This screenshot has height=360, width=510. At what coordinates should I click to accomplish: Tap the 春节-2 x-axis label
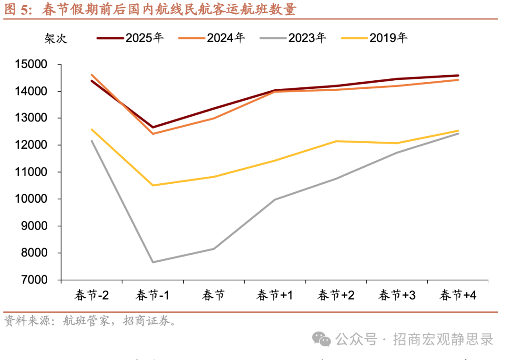(x=92, y=296)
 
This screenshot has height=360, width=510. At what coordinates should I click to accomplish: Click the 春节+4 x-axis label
(x=458, y=296)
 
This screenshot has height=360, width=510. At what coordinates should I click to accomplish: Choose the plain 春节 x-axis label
(x=213, y=296)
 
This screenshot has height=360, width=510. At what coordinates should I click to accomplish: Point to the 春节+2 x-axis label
(x=336, y=296)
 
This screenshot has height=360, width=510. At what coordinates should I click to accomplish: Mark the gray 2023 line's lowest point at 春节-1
(x=153, y=262)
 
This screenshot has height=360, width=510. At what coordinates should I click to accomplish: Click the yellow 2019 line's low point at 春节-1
(x=153, y=185)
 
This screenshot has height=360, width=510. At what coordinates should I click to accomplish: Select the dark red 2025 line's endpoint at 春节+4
(x=458, y=76)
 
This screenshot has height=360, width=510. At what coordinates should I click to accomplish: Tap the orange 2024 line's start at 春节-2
(x=92, y=75)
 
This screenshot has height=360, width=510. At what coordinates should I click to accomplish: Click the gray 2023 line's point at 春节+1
(x=275, y=199)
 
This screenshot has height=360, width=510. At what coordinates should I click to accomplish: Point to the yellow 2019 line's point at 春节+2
(x=336, y=141)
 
